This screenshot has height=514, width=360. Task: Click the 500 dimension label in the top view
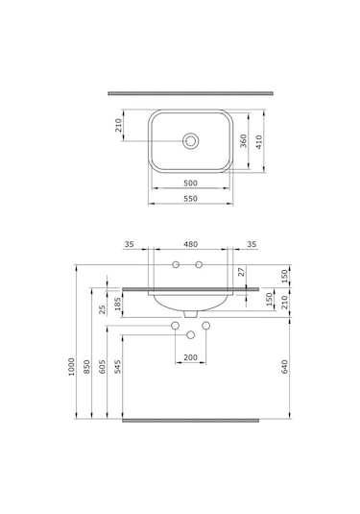tap(190, 183)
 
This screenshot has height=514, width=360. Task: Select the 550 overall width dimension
tap(190, 199)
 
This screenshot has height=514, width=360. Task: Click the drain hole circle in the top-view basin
tap(190, 141)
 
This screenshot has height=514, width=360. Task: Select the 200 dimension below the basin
tap(190, 357)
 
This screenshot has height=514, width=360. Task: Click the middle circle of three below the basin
tap(190, 334)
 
